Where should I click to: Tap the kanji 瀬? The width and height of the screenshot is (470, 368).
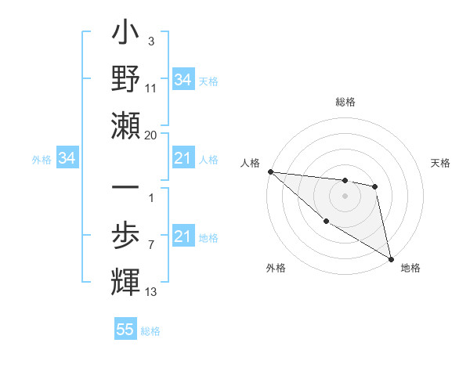[125, 125]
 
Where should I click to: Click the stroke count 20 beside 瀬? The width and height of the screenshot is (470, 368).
[151, 135]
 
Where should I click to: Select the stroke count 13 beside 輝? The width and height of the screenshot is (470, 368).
[151, 292]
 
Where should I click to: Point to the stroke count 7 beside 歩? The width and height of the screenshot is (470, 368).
[150, 245]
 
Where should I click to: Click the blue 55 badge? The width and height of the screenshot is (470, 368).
[125, 330]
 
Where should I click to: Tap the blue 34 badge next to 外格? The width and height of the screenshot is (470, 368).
[67, 159]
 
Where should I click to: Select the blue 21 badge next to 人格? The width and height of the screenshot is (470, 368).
[183, 159]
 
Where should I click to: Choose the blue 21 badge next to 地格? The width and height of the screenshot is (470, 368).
[183, 236]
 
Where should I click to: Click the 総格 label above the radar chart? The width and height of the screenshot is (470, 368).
[345, 102]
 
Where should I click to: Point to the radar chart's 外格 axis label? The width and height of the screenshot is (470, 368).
[276, 268]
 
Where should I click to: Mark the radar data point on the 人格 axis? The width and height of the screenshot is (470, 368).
[270, 171]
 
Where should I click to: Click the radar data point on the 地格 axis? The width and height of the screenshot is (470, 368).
[391, 258]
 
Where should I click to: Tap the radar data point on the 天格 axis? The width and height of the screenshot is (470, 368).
[375, 186]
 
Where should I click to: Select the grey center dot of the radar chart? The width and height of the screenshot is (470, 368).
[345, 196]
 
